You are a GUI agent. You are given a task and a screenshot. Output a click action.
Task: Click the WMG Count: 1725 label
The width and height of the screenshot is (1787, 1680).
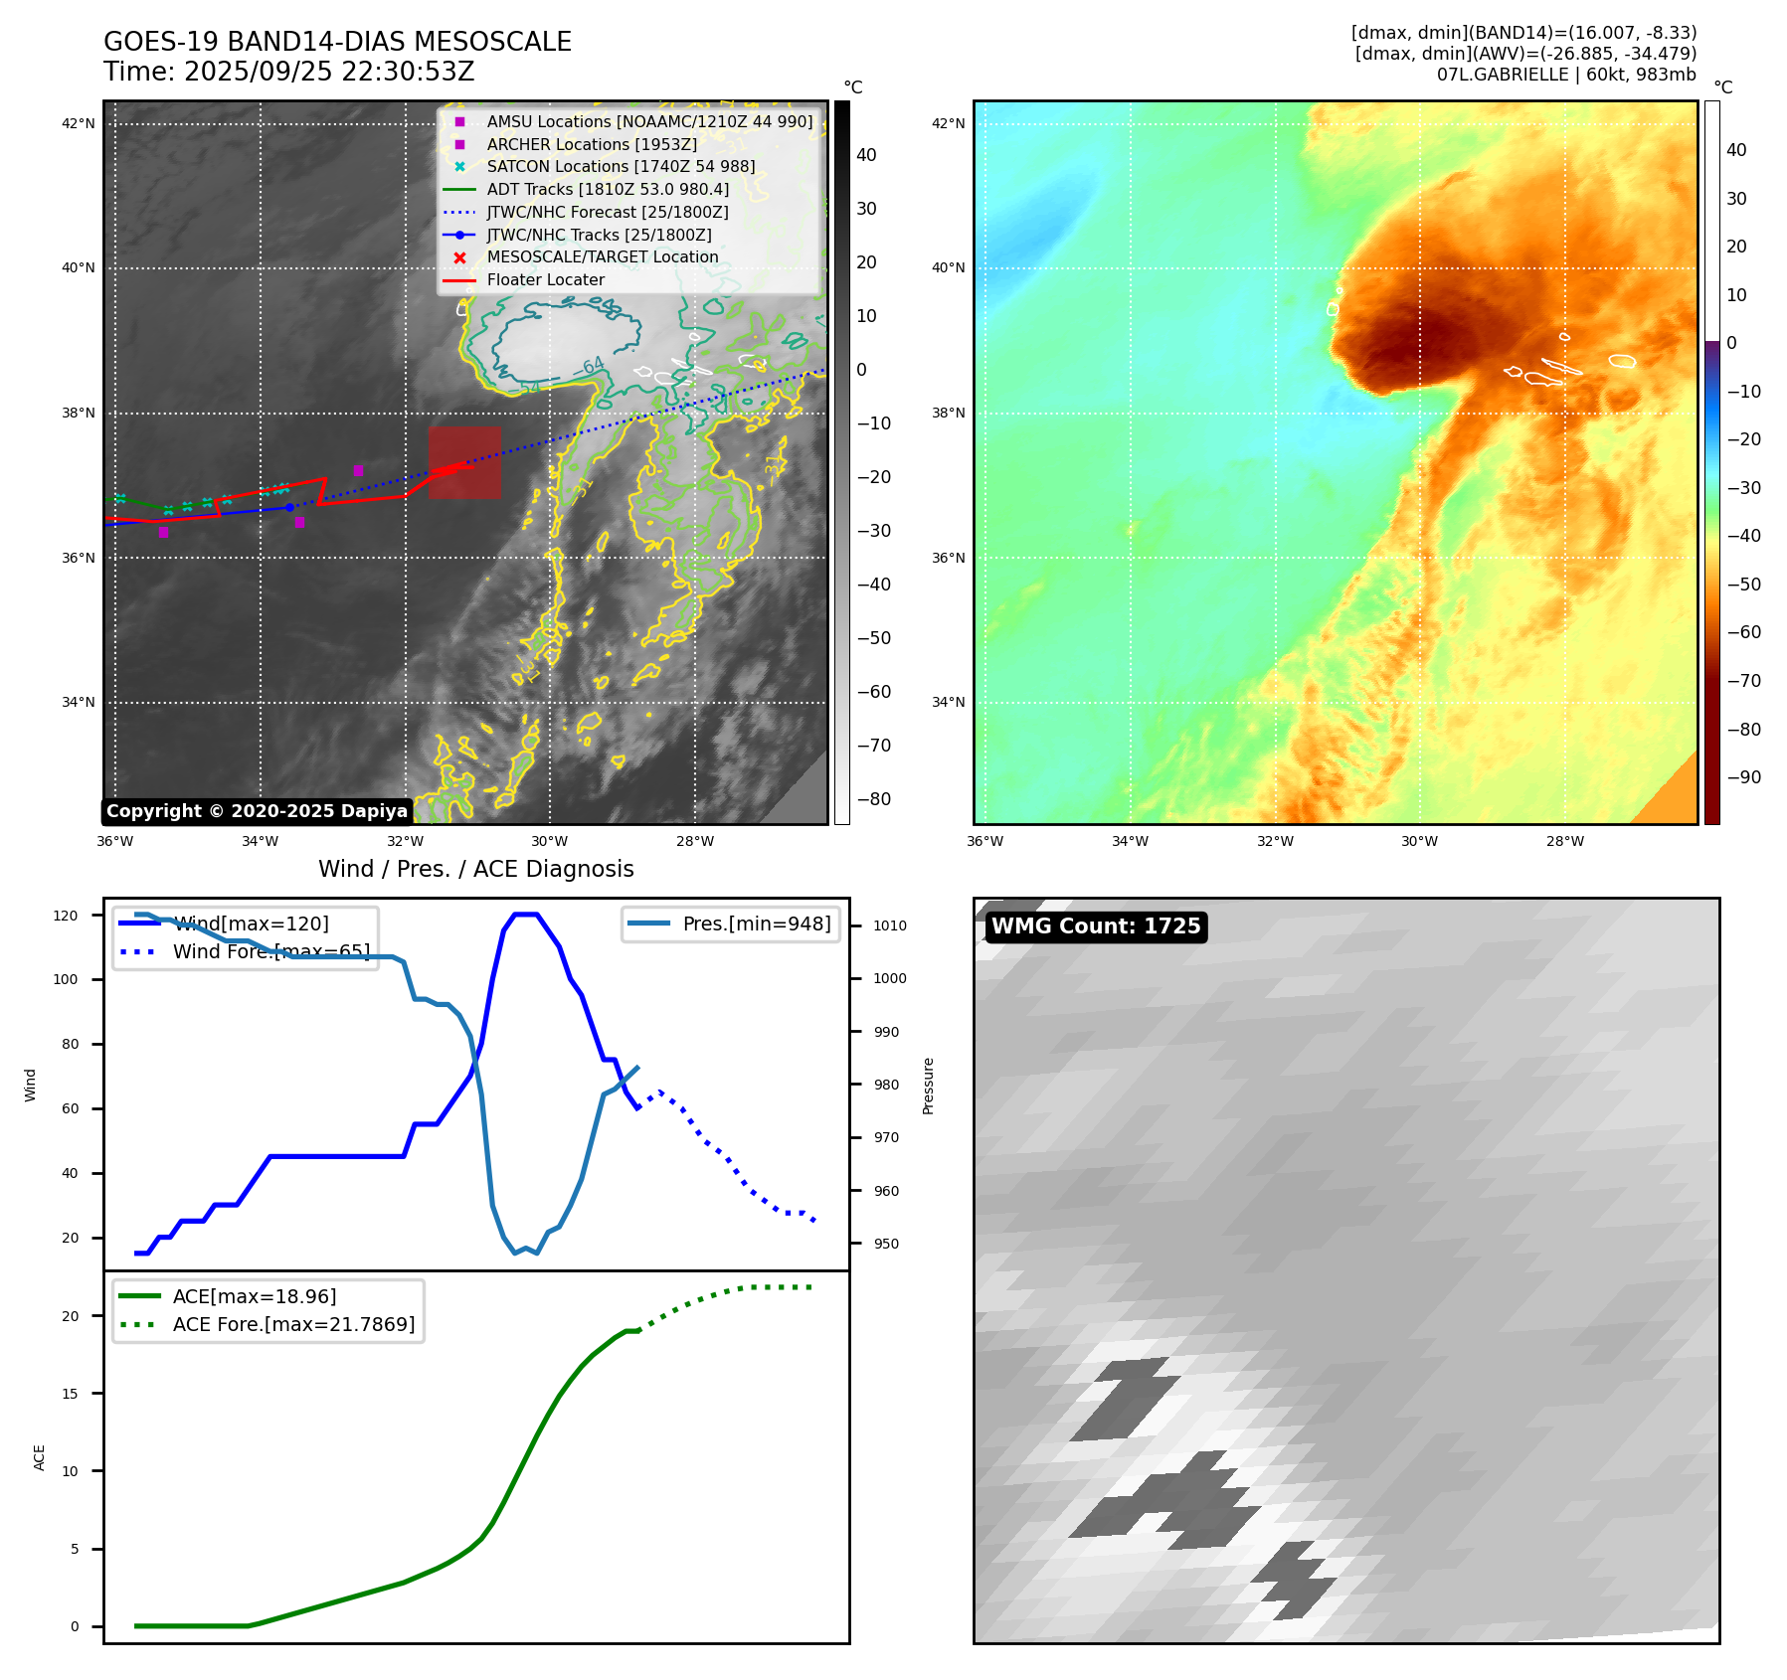pyautogui.click(x=1096, y=926)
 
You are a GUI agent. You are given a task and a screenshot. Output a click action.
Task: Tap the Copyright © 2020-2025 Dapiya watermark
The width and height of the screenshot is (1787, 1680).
pyautogui.click(x=257, y=811)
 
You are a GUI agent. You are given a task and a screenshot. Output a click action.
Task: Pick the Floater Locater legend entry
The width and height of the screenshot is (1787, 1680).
pyautogui.click(x=545, y=280)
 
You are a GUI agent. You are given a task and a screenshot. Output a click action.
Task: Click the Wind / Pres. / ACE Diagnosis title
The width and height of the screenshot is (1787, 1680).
pyautogui.click(x=475, y=869)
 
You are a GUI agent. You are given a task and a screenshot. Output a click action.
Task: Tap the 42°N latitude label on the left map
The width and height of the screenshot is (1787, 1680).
pyautogui.click(x=79, y=124)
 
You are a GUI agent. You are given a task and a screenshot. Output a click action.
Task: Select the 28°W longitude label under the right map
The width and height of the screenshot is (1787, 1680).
pyautogui.click(x=1564, y=841)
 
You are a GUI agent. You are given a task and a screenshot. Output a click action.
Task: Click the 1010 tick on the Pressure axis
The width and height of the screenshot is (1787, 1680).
pyautogui.click(x=890, y=925)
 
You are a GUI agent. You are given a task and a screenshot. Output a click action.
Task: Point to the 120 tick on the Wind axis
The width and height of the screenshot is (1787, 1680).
pyautogui.click(x=66, y=916)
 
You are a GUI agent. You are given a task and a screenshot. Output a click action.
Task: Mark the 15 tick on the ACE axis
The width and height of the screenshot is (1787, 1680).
pyautogui.click(x=70, y=1394)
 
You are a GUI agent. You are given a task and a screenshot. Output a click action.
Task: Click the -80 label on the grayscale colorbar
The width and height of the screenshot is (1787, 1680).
pyautogui.click(x=874, y=799)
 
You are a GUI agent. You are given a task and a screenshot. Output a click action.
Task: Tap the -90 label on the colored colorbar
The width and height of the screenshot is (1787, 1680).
pyautogui.click(x=1743, y=777)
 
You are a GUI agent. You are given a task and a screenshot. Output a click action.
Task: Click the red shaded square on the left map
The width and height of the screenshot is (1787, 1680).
pyautogui.click(x=464, y=462)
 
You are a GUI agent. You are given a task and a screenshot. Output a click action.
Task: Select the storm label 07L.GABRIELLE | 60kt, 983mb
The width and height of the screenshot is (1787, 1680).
pyautogui.click(x=1566, y=75)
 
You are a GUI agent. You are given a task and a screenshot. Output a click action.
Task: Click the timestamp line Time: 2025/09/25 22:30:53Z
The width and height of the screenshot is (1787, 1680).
pyautogui.click(x=288, y=72)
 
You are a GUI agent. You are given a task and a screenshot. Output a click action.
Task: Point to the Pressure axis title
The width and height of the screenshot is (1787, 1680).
pyautogui.click(x=928, y=1086)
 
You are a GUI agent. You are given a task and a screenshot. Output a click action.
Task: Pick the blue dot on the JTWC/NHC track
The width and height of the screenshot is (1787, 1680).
pyautogui.click(x=289, y=507)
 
